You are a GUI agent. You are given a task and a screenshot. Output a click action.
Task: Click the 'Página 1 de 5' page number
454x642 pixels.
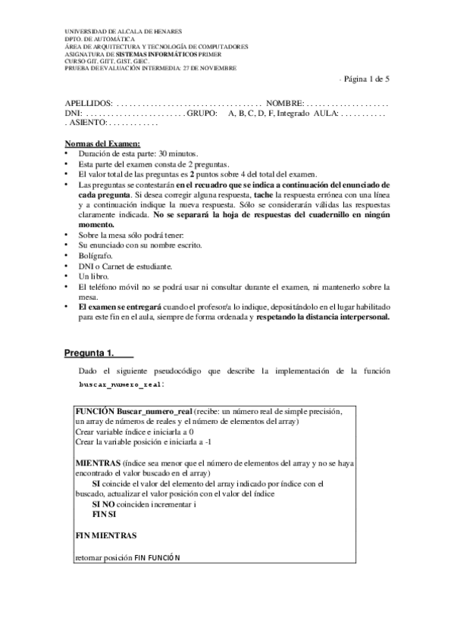[x=366, y=79]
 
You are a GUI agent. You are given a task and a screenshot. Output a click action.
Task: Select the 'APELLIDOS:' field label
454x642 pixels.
[x=89, y=102]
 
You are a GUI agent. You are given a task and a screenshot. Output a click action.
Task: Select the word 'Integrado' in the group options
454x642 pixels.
[x=293, y=112]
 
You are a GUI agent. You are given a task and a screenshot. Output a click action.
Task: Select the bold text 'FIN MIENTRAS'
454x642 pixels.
[x=106, y=535]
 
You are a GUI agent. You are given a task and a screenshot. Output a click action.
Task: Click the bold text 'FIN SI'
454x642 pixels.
[x=104, y=513]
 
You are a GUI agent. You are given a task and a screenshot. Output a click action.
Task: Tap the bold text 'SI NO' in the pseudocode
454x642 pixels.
[x=105, y=503]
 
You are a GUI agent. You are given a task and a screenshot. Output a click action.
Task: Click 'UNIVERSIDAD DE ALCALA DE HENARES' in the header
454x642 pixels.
[x=123, y=32]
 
